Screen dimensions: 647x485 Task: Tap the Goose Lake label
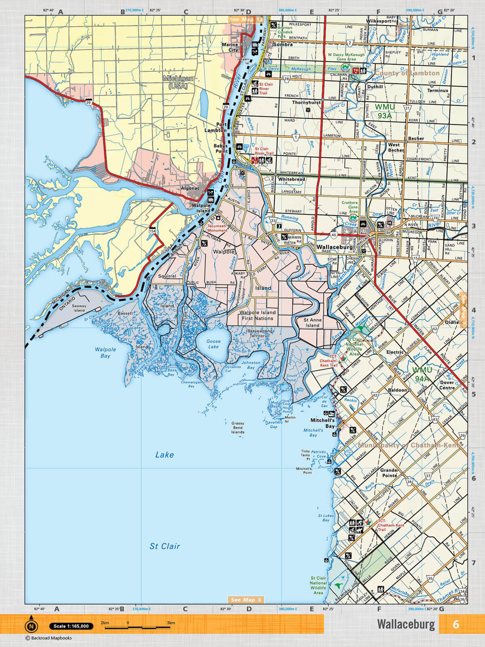pyautogui.click(x=213, y=344)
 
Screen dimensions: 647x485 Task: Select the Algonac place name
pyautogui.click(x=190, y=188)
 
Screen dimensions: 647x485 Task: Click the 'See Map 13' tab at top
pyautogui.click(x=246, y=19)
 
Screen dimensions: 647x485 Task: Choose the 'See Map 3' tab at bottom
pyautogui.click(x=246, y=600)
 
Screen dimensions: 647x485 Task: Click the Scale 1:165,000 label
pyautogui.click(x=71, y=626)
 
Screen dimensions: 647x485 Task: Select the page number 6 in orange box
pyautogui.click(x=455, y=624)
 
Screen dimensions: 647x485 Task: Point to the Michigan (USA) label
pyautogui.click(x=178, y=82)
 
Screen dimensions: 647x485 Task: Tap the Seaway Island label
pyautogui.click(x=79, y=308)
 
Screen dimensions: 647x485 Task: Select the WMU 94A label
pyautogui.click(x=422, y=374)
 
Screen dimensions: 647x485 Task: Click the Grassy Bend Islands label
pyautogui.click(x=238, y=428)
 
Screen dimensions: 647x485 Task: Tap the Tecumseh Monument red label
pyautogui.click(x=217, y=228)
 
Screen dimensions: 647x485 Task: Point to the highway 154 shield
pyautogui.click(x=152, y=231)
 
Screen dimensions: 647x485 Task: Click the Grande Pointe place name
pyautogui.click(x=389, y=473)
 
